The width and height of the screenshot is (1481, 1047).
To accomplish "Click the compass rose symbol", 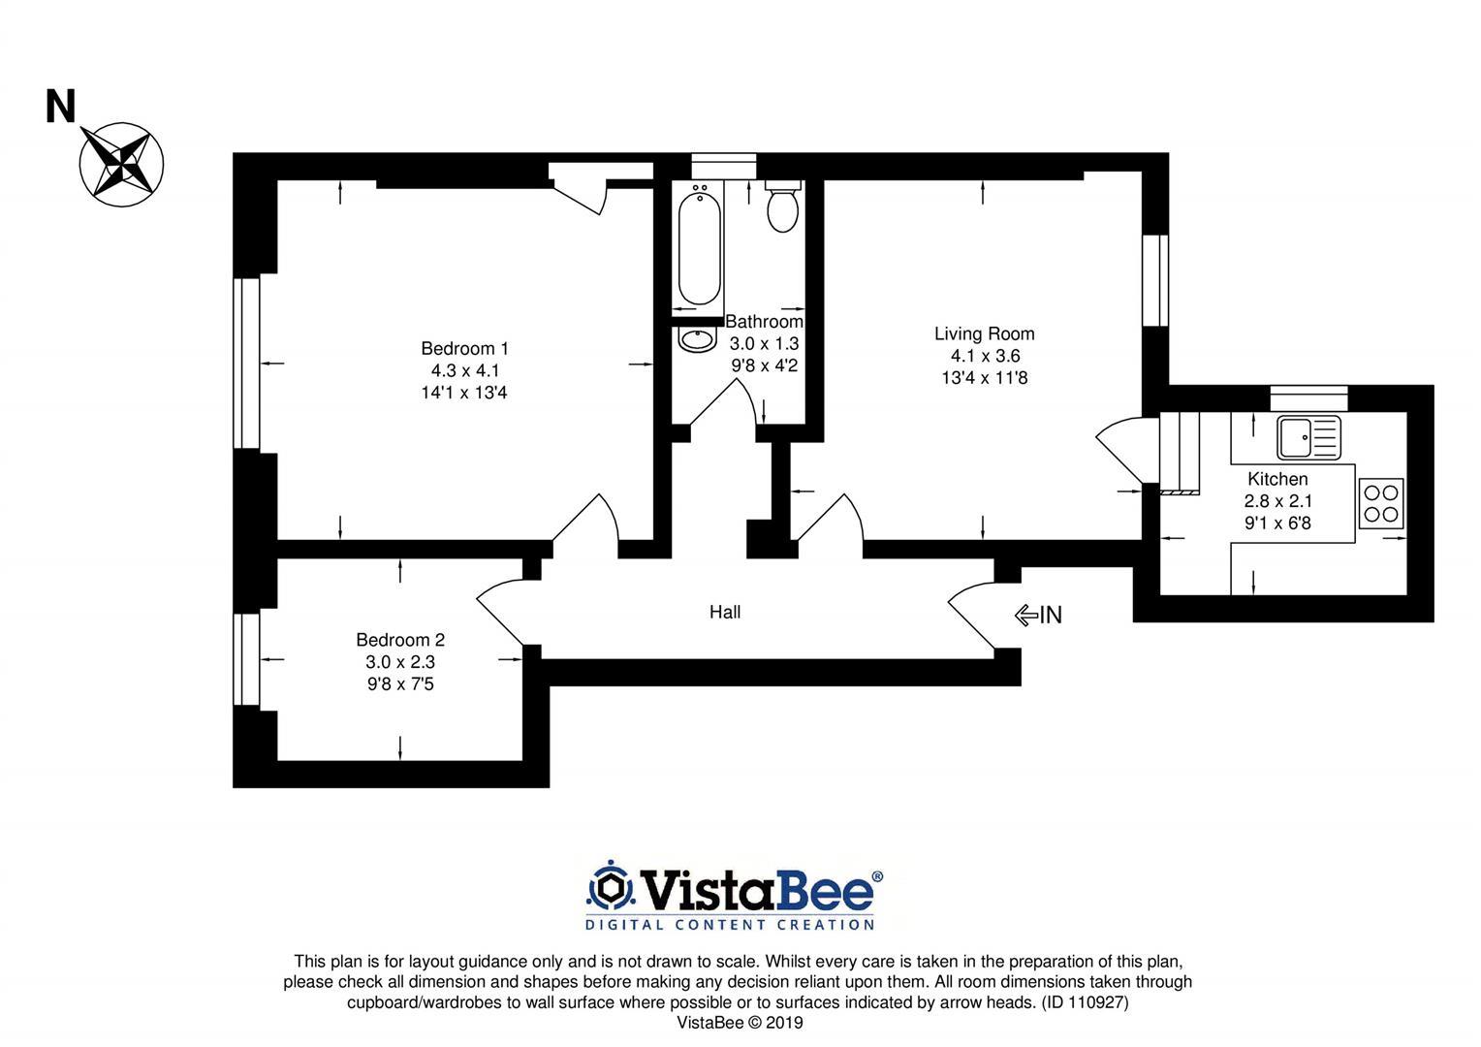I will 121,163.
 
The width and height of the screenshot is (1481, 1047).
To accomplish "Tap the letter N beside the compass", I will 60,108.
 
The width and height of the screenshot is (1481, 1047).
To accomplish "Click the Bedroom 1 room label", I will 464,348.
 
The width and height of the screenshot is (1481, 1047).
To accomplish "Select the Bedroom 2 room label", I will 399,640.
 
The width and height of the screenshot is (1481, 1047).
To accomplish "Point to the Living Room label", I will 984,333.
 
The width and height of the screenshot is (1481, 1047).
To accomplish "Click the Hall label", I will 725,612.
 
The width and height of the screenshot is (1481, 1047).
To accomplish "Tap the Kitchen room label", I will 1277,479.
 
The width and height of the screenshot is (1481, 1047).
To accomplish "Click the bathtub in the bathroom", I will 699,248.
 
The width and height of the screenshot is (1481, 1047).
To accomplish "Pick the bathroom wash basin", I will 696,339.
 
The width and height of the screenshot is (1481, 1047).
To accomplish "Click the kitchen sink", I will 1308,437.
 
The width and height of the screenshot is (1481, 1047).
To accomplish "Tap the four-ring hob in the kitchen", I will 1381,503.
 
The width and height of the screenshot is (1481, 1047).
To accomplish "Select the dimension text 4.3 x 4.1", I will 464,370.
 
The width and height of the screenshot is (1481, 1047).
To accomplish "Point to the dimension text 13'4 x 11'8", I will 984,378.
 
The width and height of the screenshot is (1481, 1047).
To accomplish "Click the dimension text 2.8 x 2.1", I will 1277,501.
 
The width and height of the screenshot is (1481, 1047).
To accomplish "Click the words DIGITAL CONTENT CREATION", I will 730,925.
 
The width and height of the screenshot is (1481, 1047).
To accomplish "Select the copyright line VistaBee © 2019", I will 740,1023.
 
